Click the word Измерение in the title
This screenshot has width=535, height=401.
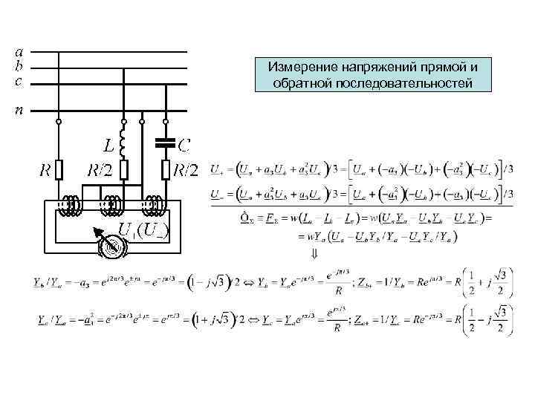point(305,68)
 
